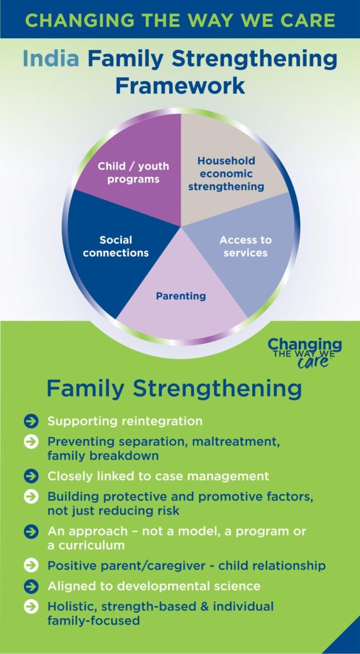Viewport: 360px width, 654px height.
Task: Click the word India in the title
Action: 51,59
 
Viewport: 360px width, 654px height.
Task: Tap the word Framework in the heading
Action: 180,85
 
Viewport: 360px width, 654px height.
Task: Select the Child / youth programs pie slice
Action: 133,171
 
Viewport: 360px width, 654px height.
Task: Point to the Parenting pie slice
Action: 181,292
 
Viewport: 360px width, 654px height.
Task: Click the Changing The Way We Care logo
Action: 304,353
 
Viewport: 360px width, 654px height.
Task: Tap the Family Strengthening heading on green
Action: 174,389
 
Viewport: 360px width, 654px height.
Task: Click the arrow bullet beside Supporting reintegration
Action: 31,422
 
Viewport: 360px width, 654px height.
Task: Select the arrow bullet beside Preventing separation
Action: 31,442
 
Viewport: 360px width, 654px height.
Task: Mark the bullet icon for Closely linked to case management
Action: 31,476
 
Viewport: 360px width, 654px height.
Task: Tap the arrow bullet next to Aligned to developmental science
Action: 31,586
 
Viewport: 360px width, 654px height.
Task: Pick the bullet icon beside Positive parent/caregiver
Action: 31,566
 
